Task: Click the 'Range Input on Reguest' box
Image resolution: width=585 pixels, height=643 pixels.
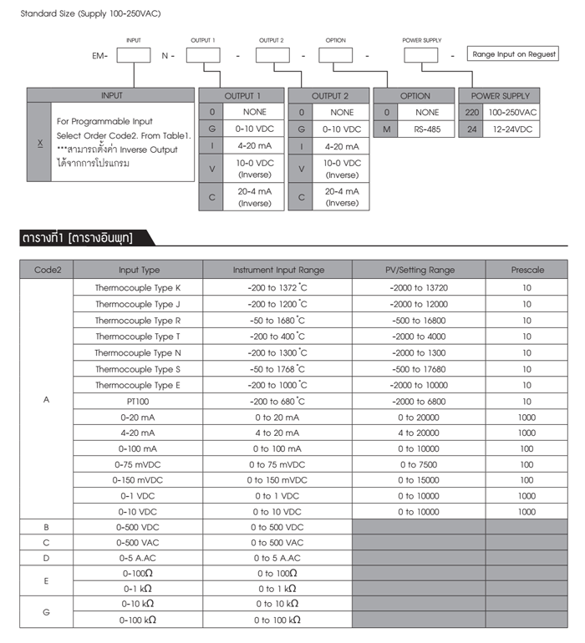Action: (x=514, y=54)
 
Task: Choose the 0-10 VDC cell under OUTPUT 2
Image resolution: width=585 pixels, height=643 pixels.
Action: (x=342, y=129)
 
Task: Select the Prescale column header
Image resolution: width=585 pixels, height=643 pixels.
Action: (x=526, y=270)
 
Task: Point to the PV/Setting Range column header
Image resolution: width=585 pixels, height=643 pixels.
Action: (x=419, y=270)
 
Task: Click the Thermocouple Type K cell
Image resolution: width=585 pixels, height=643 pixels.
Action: (x=137, y=287)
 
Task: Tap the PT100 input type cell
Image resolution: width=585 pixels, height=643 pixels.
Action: (x=137, y=401)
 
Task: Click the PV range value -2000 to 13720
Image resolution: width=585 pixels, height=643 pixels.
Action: (x=419, y=287)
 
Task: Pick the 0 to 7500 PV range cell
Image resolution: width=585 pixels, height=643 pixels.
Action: (x=419, y=465)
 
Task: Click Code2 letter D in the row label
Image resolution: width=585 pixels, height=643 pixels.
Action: (x=46, y=558)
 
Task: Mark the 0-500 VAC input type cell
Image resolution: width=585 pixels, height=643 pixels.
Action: (x=137, y=542)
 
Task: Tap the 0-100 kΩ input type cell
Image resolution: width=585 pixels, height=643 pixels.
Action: (x=137, y=620)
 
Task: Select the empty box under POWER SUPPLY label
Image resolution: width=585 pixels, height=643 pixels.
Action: (x=420, y=56)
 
